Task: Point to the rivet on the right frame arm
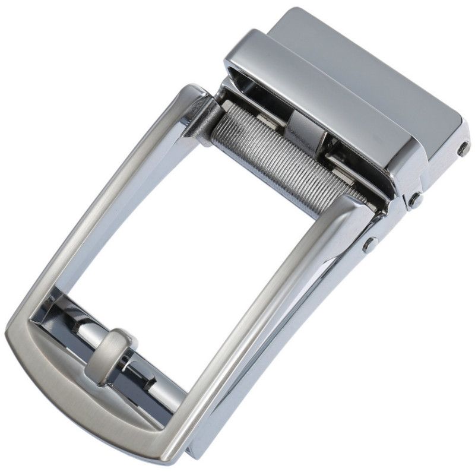(x=371, y=243)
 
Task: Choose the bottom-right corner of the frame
(x=178, y=439)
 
